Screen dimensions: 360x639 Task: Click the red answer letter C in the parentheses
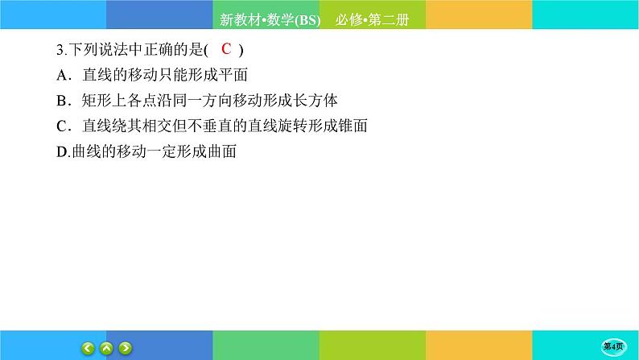(227, 49)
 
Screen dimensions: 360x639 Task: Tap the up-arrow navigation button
(107, 348)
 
